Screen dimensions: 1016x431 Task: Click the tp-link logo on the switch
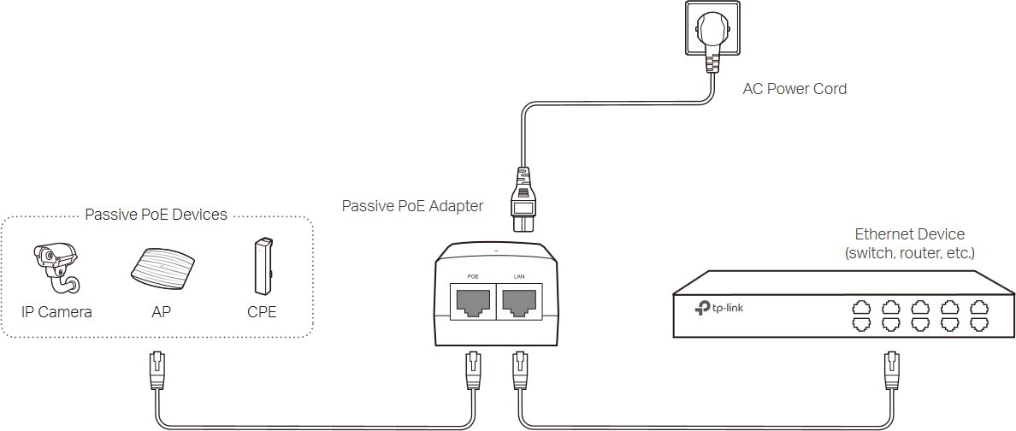coord(718,309)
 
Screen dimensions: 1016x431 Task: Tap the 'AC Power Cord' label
coord(794,89)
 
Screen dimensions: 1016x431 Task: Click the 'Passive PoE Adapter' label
coord(412,206)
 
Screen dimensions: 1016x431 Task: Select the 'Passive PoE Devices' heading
coord(157,215)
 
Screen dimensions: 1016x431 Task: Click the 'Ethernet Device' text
coord(910,234)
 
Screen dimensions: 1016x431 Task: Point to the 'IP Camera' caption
coord(56,312)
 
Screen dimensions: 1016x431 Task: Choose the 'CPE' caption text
coord(262,312)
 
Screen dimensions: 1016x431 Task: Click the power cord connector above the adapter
coord(526,199)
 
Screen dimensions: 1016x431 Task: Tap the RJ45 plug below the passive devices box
coord(157,371)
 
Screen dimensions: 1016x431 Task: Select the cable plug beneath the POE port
coord(472,371)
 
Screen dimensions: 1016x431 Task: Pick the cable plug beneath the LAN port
coord(519,371)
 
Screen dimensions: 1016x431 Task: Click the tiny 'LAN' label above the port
coord(518,277)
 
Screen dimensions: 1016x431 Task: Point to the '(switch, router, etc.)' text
coord(910,253)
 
